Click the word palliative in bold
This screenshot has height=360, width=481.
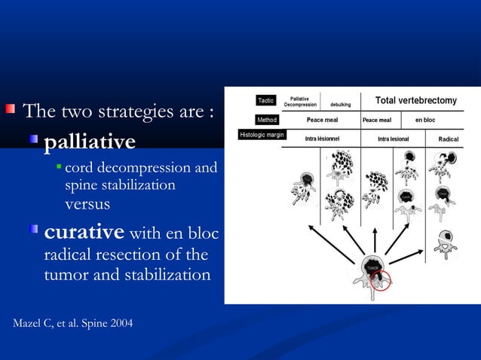(90, 142)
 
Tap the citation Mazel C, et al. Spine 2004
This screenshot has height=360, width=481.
(73, 324)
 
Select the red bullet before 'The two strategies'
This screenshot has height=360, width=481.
(11, 111)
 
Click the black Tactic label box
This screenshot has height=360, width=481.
(266, 100)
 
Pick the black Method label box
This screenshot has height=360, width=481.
(267, 120)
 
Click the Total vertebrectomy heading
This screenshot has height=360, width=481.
(415, 101)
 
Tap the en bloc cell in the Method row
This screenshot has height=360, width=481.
(424, 120)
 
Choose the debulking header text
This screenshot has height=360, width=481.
(341, 105)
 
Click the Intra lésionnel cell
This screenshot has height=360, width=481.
(320, 139)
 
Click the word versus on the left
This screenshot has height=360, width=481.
(87, 204)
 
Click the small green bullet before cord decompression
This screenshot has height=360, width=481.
(58, 166)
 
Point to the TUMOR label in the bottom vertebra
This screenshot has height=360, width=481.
(372, 267)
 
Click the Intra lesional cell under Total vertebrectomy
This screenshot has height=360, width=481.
(394, 139)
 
